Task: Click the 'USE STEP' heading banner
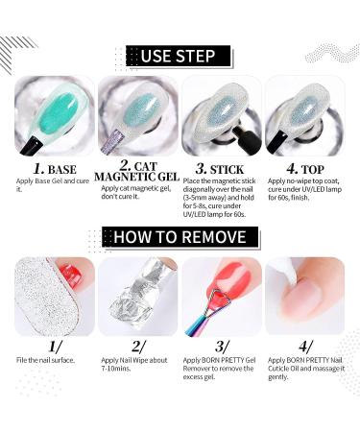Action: click(x=180, y=55)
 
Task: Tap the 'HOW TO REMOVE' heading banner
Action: click(x=180, y=236)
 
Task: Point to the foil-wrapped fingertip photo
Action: click(x=135, y=298)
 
